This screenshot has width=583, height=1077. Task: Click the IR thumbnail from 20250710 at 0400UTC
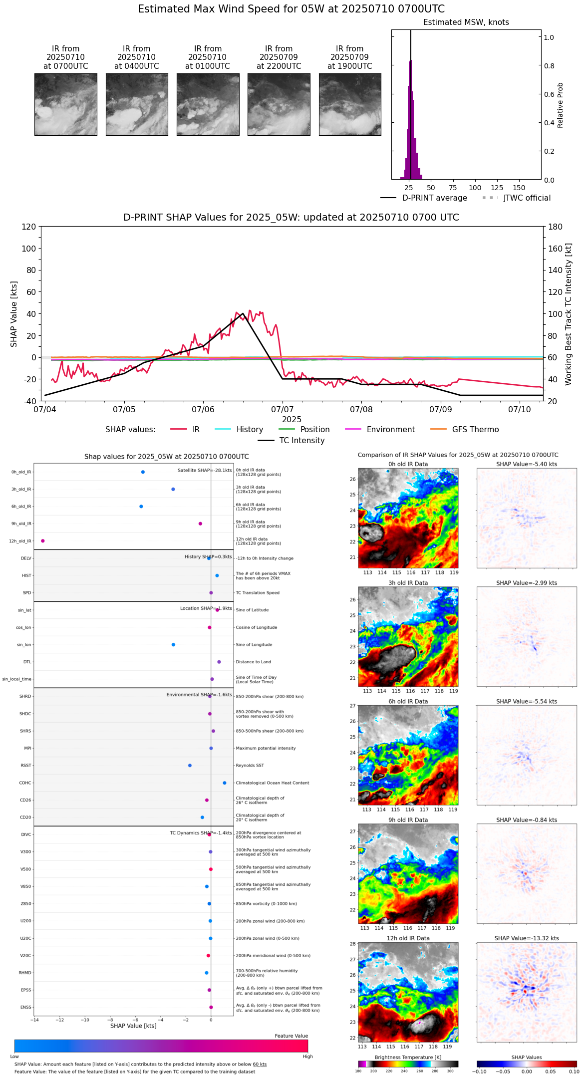(x=137, y=104)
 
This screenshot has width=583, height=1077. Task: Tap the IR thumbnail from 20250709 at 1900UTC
(x=350, y=104)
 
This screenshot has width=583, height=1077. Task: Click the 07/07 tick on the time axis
(x=282, y=410)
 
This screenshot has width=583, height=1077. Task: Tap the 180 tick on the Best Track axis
(x=556, y=227)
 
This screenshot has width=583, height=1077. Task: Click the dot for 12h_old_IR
(x=43, y=541)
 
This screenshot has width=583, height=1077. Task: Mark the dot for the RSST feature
(x=190, y=766)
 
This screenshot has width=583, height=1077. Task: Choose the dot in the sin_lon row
(x=173, y=645)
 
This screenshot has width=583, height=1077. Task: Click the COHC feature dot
(x=225, y=783)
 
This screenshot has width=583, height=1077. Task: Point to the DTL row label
(x=27, y=662)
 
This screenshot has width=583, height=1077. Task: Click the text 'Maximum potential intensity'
(x=266, y=749)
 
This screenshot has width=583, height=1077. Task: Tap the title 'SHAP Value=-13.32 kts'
(x=527, y=939)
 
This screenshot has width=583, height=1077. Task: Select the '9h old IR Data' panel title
(x=408, y=820)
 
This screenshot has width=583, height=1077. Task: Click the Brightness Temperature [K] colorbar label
(x=408, y=1058)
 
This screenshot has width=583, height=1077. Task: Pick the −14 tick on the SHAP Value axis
(x=34, y=1020)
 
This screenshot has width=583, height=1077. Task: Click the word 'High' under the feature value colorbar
(x=307, y=1057)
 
